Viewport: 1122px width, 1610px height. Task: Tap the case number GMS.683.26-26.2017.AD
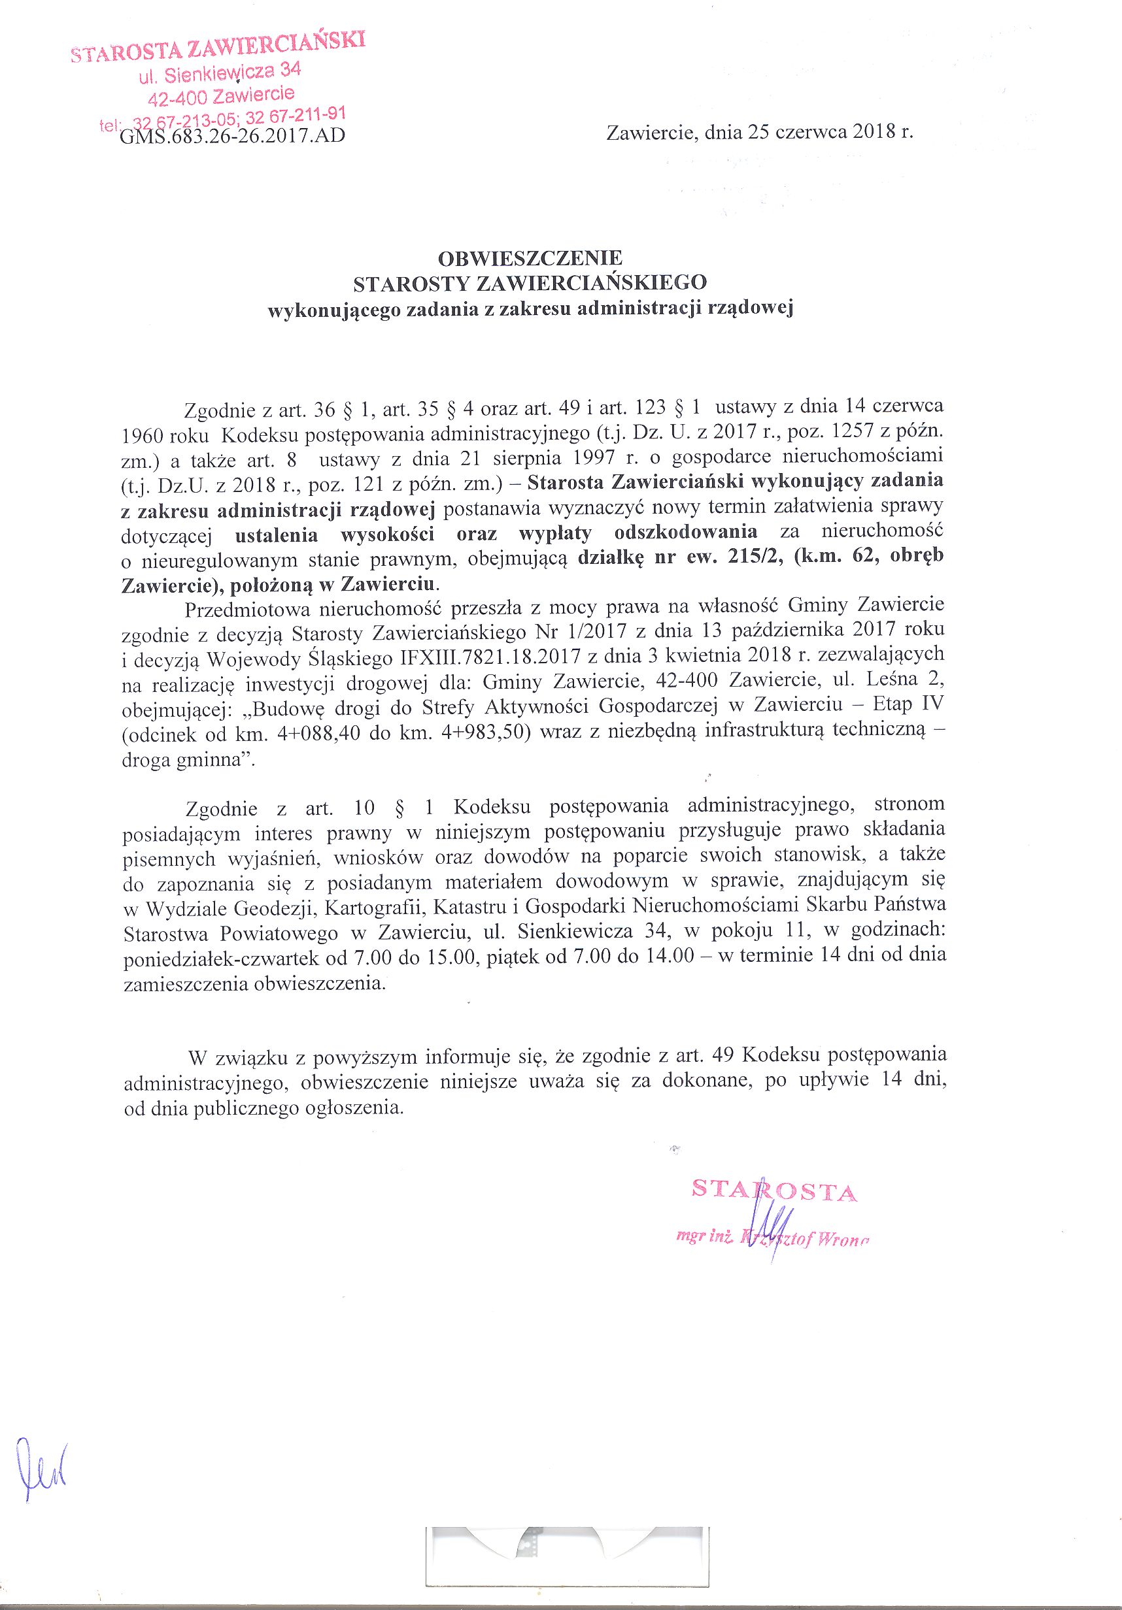[x=232, y=135]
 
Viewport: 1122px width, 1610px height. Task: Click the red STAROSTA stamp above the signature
[x=774, y=1190]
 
